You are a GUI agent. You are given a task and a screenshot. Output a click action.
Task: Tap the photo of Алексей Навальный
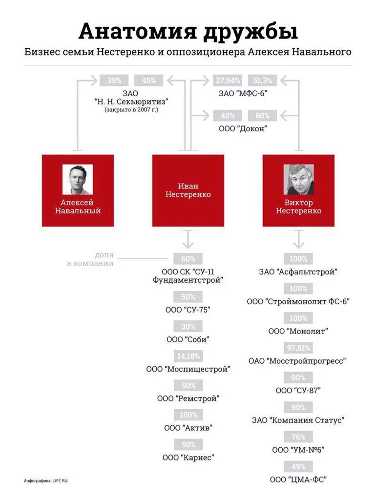[x=78, y=179]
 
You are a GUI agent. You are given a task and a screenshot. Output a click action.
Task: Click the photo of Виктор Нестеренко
[x=298, y=179]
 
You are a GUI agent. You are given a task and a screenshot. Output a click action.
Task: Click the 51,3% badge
[x=263, y=81]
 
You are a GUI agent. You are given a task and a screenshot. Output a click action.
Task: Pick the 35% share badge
[x=114, y=81]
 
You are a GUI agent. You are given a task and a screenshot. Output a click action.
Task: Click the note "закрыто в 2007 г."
[x=131, y=110]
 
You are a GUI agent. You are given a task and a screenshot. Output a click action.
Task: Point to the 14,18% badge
[x=188, y=356]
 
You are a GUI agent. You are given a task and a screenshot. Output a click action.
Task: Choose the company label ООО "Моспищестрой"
[x=188, y=369]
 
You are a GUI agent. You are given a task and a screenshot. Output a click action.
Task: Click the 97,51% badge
[x=298, y=348]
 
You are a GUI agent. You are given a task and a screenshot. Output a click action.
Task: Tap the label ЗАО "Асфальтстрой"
[x=298, y=272]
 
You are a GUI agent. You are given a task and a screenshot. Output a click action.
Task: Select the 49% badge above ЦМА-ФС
[x=298, y=467]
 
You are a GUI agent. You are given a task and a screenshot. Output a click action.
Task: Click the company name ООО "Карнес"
[x=188, y=458]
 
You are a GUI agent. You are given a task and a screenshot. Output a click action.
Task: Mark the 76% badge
[x=298, y=437]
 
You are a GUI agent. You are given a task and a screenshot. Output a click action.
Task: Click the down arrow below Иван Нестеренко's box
[x=188, y=240]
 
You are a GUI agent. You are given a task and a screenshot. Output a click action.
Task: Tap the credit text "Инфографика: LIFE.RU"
[x=45, y=481]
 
